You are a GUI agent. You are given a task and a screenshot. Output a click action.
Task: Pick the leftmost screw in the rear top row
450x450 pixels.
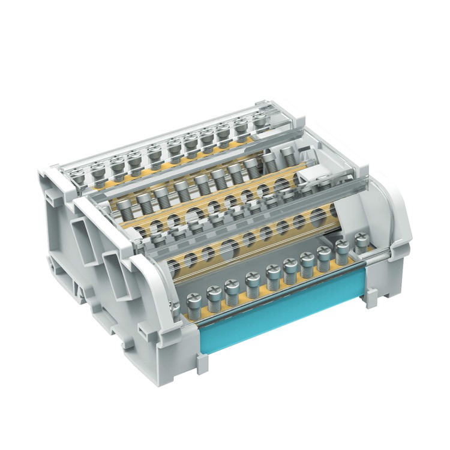[77, 175]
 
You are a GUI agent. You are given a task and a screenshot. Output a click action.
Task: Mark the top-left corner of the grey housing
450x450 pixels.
[45, 174]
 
